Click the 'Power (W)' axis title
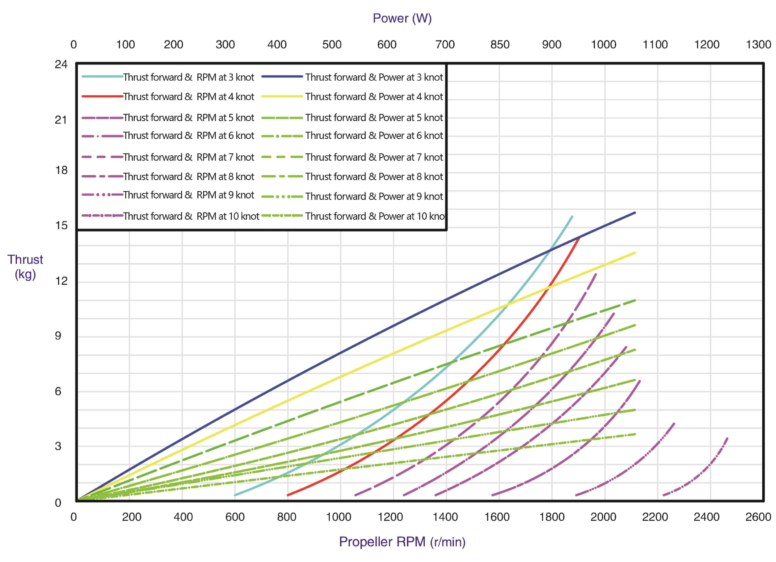(402, 18)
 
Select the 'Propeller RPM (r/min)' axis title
(402, 542)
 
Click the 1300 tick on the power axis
(758, 45)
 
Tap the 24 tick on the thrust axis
(61, 64)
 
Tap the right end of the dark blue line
(635, 213)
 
